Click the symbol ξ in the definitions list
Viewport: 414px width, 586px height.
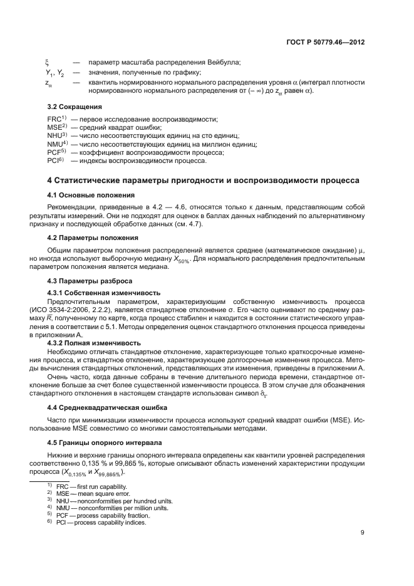click(x=48, y=62)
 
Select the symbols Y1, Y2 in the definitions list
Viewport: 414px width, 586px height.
click(x=55, y=72)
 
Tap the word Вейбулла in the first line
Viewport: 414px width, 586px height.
click(x=227, y=62)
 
